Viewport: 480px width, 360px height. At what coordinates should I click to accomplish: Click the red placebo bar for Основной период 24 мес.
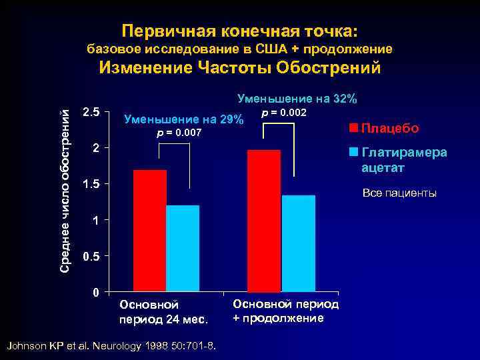tap(149, 231)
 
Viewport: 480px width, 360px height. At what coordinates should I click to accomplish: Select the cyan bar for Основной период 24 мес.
tap(183, 249)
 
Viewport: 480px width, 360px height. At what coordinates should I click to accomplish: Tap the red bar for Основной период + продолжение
tap(263, 221)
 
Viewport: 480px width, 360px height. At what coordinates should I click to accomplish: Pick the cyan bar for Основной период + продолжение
tap(298, 244)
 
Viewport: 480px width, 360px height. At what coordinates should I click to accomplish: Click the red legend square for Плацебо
tap(354, 127)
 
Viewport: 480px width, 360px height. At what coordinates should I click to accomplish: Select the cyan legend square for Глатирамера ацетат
tap(354, 151)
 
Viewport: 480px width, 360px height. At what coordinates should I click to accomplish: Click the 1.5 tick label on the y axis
tap(91, 184)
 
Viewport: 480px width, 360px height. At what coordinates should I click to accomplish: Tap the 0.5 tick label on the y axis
tap(91, 257)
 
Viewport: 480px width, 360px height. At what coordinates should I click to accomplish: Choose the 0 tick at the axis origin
tap(96, 293)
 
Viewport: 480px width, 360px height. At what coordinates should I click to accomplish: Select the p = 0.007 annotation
tap(179, 134)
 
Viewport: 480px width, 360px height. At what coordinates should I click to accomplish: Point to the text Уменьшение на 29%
tap(184, 120)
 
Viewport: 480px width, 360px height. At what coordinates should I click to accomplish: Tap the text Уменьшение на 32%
tap(297, 99)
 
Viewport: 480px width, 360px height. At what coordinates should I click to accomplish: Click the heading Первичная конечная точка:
tap(240, 31)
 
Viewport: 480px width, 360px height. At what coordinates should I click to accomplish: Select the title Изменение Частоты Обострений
tap(240, 68)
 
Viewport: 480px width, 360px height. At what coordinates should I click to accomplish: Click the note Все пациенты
tap(399, 193)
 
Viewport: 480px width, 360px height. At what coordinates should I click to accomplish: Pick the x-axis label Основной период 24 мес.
tap(164, 311)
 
